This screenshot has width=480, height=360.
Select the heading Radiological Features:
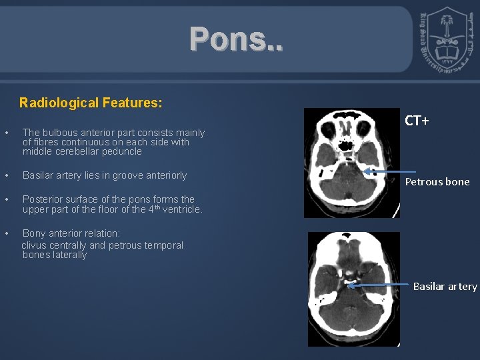point(91,103)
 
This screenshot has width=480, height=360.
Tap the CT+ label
point(417,121)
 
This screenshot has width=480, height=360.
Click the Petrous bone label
point(437,181)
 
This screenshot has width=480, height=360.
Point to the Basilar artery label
point(445,286)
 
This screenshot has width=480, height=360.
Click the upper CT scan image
point(351,163)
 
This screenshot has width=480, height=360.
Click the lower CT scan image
point(353,289)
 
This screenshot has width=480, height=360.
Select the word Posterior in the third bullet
point(43,199)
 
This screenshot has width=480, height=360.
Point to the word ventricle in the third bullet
point(181,209)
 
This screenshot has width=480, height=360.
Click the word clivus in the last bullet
point(34,245)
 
